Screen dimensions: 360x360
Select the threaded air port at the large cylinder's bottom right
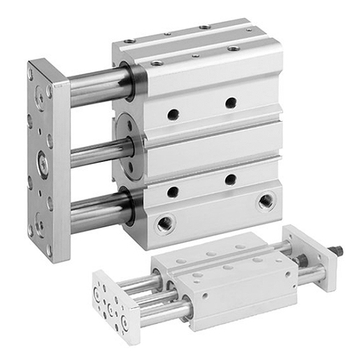[266, 199]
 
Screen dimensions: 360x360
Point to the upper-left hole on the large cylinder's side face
[173, 114]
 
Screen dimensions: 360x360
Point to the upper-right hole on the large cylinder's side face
[230, 103]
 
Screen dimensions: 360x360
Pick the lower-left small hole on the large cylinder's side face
[173, 191]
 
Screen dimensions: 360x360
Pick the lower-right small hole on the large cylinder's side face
[230, 179]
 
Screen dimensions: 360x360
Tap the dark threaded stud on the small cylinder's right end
[336, 253]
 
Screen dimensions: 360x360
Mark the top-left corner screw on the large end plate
[32, 72]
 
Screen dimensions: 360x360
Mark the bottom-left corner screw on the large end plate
[32, 230]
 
